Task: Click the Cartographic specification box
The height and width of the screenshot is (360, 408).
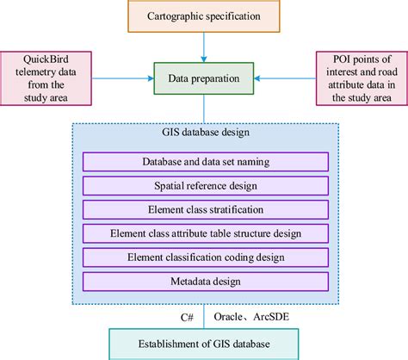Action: (205, 17)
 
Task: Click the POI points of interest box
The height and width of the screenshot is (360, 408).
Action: (361, 74)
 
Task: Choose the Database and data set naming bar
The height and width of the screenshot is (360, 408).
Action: (204, 161)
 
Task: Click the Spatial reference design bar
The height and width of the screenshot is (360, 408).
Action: (204, 185)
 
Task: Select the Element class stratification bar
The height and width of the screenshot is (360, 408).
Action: (204, 208)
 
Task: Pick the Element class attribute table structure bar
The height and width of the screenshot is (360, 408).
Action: (204, 233)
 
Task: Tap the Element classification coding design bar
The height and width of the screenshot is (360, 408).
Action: (204, 257)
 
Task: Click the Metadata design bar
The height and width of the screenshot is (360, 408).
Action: (204, 280)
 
